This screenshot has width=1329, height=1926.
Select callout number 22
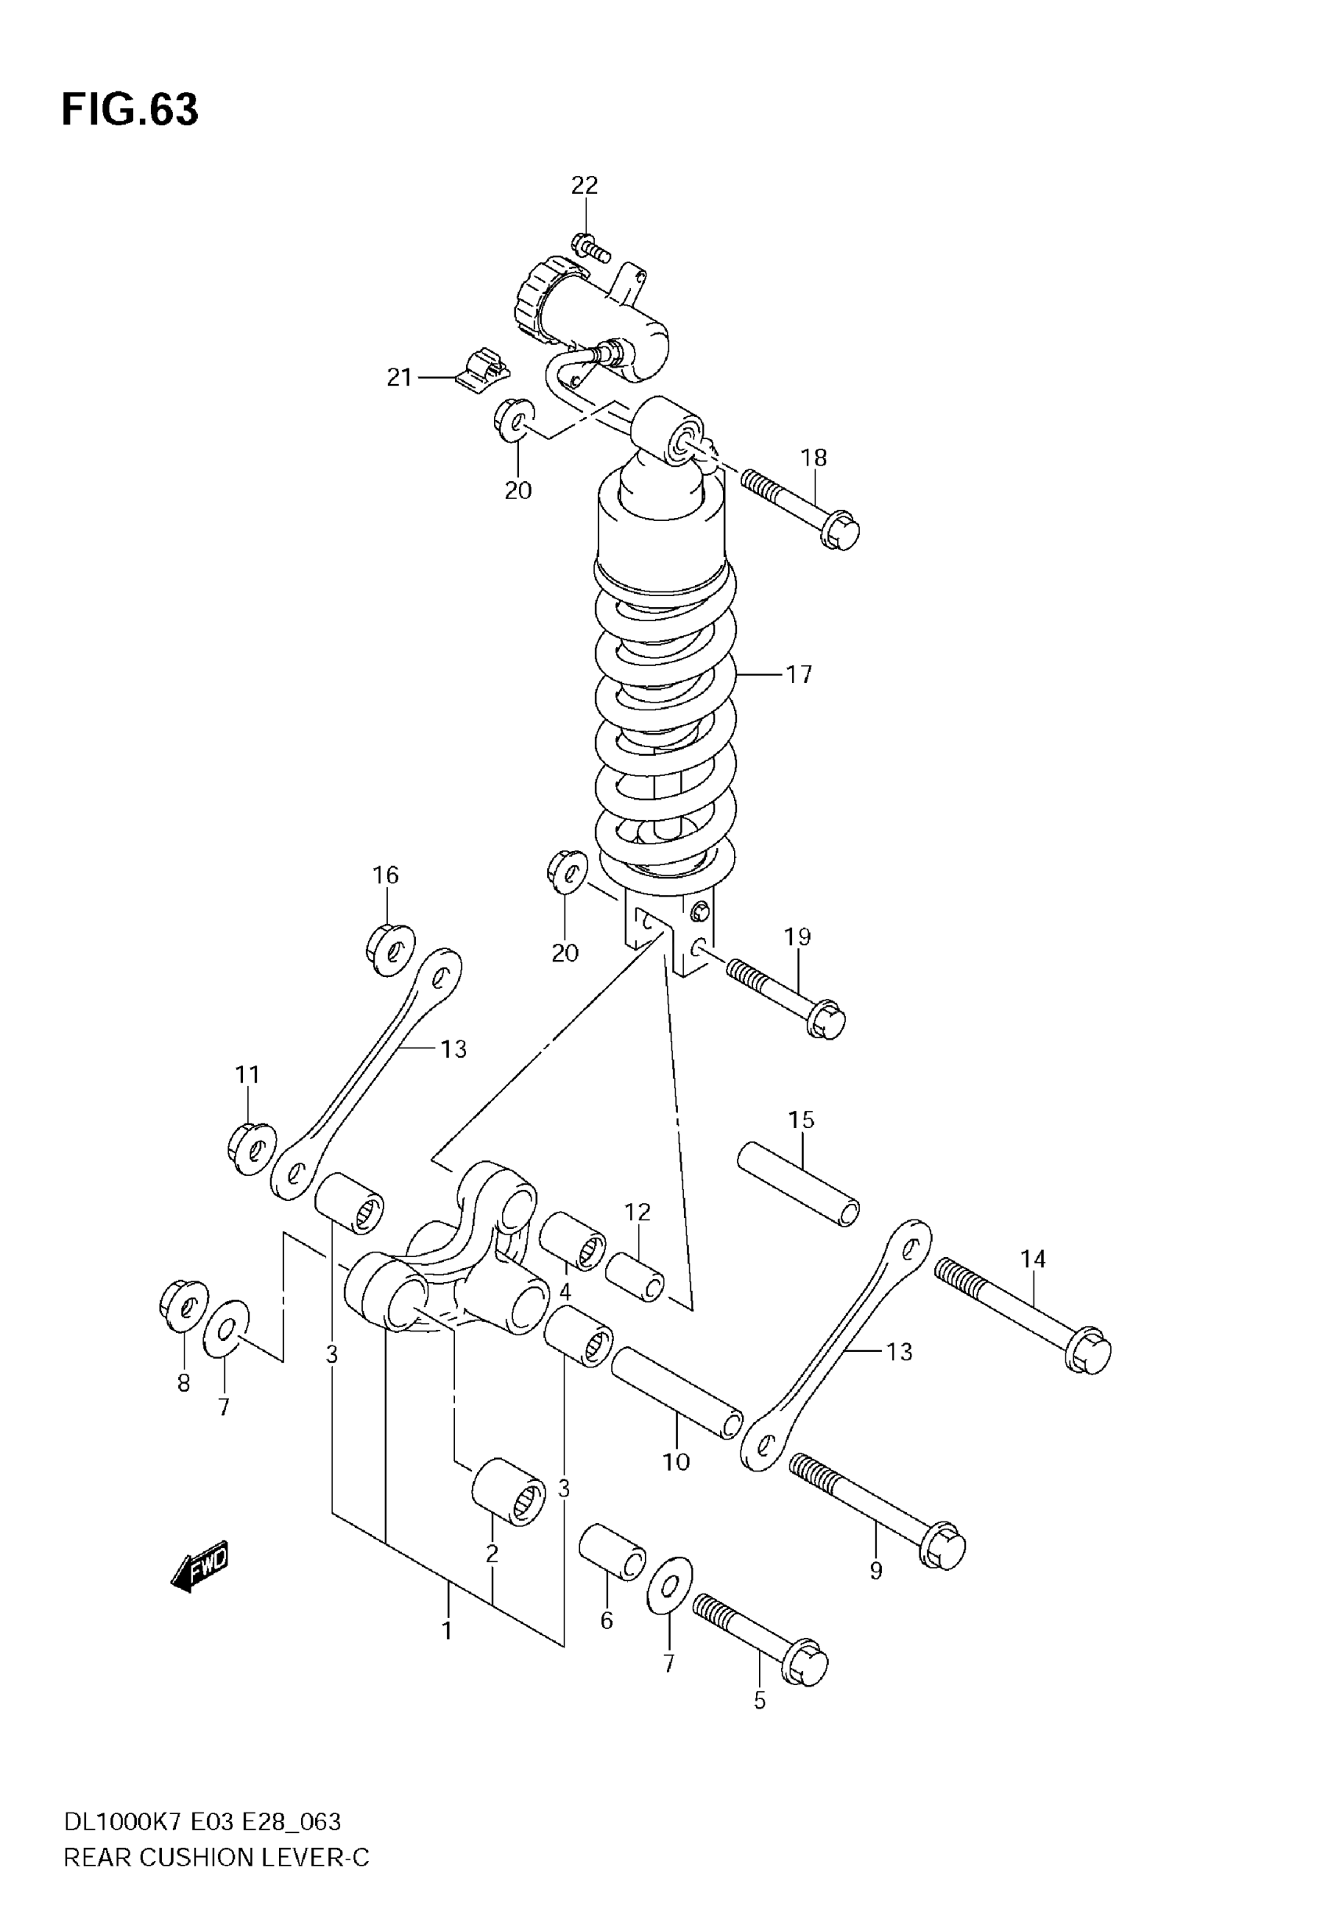click(x=585, y=185)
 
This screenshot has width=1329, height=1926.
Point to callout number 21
click(x=399, y=378)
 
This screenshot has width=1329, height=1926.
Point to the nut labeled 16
click(x=389, y=948)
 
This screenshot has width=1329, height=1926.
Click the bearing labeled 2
click(x=509, y=1490)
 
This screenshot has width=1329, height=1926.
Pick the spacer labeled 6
click(x=612, y=1552)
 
